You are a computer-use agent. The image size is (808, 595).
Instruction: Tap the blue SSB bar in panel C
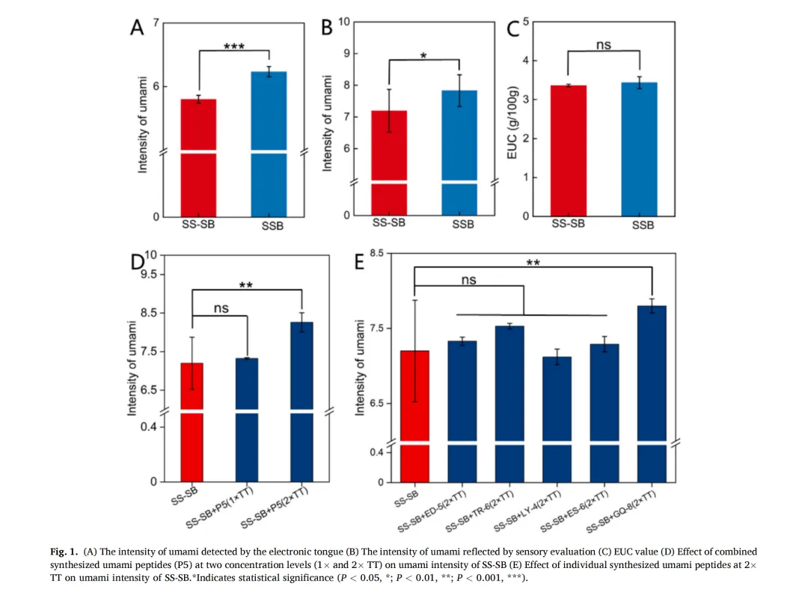tap(640, 150)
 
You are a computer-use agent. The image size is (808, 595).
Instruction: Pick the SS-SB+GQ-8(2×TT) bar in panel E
tap(652, 374)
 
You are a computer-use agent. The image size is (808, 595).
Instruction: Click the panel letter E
tap(360, 263)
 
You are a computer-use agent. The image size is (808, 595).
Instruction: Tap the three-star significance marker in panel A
tap(234, 47)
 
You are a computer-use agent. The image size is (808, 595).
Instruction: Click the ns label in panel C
tap(604, 45)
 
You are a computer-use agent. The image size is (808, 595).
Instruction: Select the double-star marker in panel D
tap(246, 285)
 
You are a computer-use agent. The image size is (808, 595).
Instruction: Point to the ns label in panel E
tap(468, 280)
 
